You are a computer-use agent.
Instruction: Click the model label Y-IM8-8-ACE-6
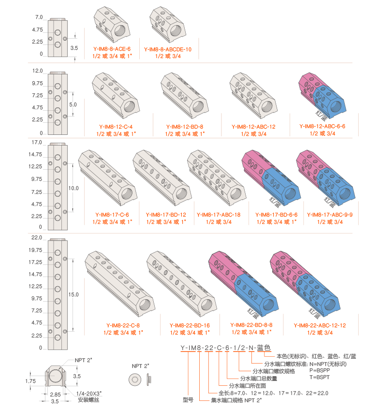click(x=112, y=49)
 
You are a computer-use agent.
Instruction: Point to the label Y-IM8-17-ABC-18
click(x=219, y=215)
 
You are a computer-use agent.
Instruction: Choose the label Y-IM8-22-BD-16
click(x=190, y=325)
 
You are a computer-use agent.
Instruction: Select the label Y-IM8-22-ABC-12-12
click(x=320, y=325)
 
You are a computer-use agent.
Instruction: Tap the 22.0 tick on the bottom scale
click(x=37, y=238)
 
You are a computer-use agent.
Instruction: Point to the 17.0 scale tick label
click(x=37, y=143)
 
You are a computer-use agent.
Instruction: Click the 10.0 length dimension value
click(x=74, y=188)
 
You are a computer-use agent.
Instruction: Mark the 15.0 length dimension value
click(x=74, y=294)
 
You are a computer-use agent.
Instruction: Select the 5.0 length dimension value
click(x=73, y=104)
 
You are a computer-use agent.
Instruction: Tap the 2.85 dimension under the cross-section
click(x=55, y=394)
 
